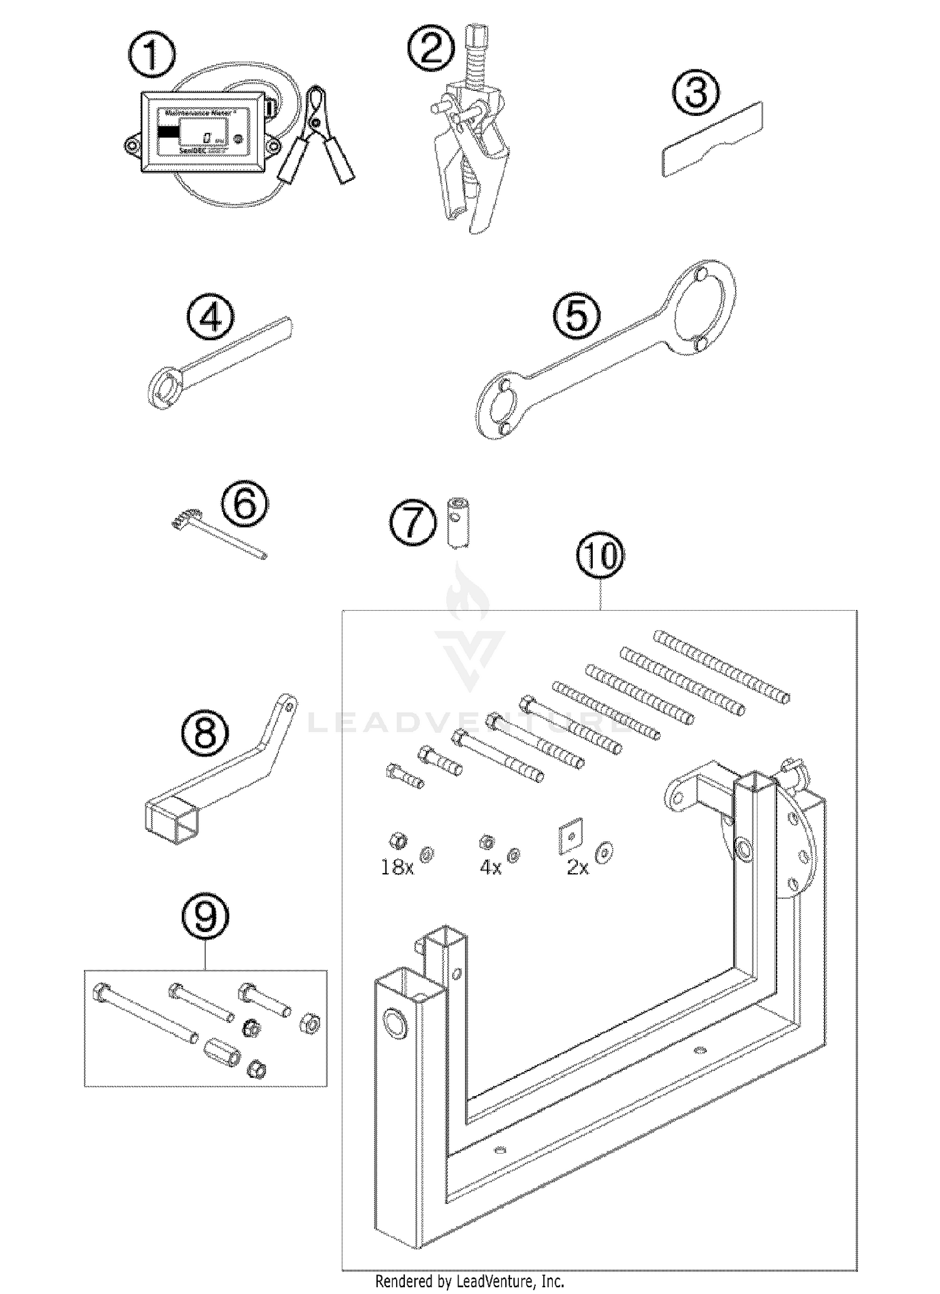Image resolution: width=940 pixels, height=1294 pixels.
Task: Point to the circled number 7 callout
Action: [x=412, y=522]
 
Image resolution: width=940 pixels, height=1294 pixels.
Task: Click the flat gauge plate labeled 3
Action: [x=713, y=139]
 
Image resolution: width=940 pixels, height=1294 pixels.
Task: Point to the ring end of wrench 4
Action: [x=165, y=389]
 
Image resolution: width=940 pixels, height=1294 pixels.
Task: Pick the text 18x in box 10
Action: [x=397, y=867]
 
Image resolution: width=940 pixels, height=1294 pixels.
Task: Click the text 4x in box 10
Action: [x=490, y=867]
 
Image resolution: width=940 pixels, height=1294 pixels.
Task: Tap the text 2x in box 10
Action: [x=577, y=867]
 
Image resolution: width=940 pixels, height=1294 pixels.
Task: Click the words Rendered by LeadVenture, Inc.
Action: [x=469, y=1281]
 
